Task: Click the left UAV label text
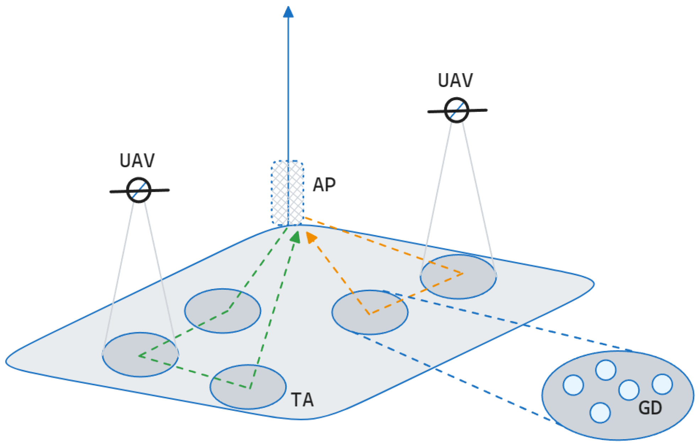pyautogui.click(x=137, y=161)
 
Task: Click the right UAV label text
pyautogui.click(x=455, y=81)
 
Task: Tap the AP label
pyautogui.click(x=324, y=185)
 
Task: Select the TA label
pyautogui.click(x=302, y=400)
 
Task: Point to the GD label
pyautogui.click(x=650, y=408)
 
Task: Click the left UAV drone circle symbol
pyautogui.click(x=139, y=190)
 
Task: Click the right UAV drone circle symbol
pyautogui.click(x=457, y=110)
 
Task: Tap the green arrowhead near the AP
pyautogui.click(x=296, y=237)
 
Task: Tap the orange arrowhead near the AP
pyautogui.click(x=311, y=237)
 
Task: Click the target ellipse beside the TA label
pyautogui.click(x=248, y=387)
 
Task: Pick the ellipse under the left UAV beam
pyautogui.click(x=140, y=355)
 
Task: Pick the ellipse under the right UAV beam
pyautogui.click(x=458, y=277)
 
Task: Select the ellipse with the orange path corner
pyautogui.click(x=370, y=312)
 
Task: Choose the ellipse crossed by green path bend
pyautogui.click(x=223, y=311)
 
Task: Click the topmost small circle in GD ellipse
pyautogui.click(x=606, y=370)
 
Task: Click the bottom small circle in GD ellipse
pyautogui.click(x=600, y=413)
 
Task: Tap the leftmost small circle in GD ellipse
pyautogui.click(x=573, y=385)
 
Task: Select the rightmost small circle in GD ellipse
pyautogui.click(x=662, y=384)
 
